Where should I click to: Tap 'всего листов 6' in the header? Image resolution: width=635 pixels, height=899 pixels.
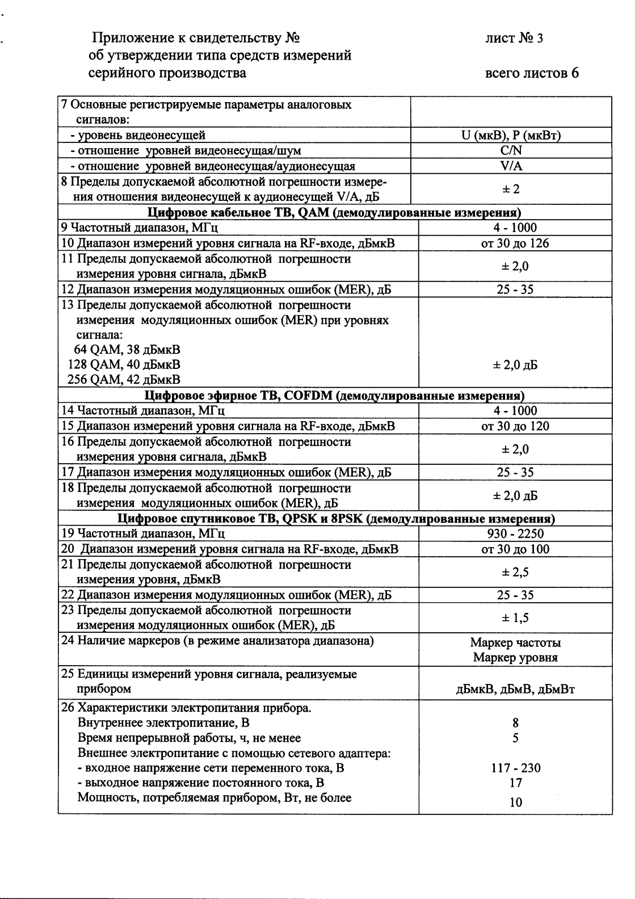click(x=532, y=73)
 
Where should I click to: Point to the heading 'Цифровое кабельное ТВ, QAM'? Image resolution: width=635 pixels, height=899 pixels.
click(x=334, y=213)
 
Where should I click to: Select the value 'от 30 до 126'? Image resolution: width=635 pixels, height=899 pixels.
click(x=515, y=243)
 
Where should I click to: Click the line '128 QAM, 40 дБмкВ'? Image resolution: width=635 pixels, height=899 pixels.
click(x=124, y=364)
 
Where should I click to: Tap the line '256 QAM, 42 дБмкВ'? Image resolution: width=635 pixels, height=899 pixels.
click(x=124, y=379)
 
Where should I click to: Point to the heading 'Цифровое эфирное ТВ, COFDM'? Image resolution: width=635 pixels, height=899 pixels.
click(x=334, y=396)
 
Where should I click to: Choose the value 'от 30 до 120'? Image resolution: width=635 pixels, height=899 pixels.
click(x=515, y=426)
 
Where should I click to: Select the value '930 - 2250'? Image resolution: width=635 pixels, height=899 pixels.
click(x=515, y=533)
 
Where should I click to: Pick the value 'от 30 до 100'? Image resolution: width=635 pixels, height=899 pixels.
click(x=515, y=549)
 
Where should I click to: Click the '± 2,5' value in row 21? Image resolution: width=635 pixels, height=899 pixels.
click(x=515, y=572)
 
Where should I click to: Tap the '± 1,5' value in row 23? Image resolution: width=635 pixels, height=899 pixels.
click(x=515, y=618)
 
